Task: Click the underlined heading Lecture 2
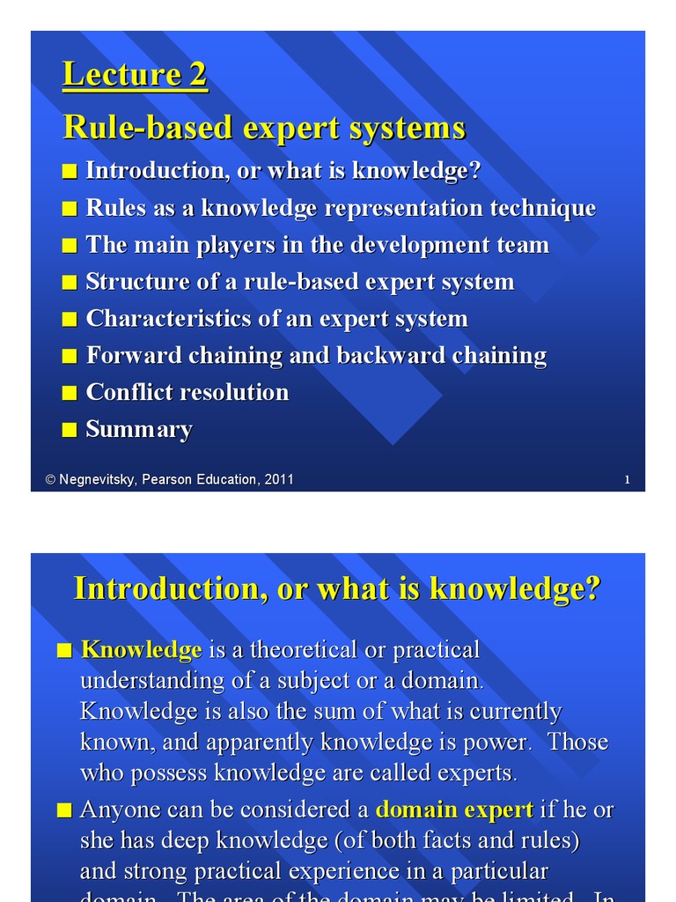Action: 135,75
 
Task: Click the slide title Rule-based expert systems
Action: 264,129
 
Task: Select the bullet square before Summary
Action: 70,431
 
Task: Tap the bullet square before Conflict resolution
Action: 70,394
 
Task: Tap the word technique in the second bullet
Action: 542,208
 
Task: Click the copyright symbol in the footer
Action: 51,480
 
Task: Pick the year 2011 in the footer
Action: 278,480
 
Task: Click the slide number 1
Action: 627,480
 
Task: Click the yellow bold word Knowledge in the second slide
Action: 141,651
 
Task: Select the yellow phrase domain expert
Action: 454,810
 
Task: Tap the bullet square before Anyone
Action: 63,810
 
